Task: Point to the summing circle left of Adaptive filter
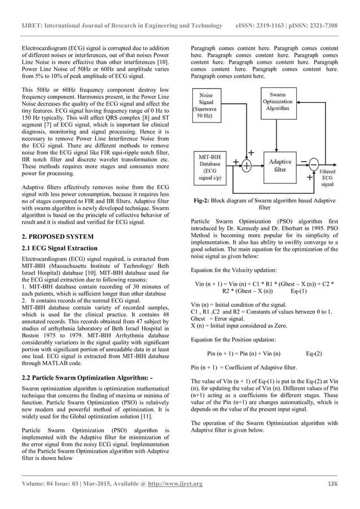(x=247, y=165)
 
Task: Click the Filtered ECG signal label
(x=327, y=177)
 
